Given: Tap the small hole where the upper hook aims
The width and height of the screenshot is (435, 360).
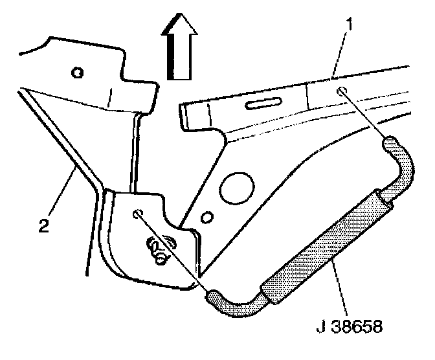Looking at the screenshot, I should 342,92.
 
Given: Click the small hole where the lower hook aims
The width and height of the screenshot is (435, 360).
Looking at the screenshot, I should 137,214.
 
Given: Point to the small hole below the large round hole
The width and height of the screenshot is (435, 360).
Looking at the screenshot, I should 206,215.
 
